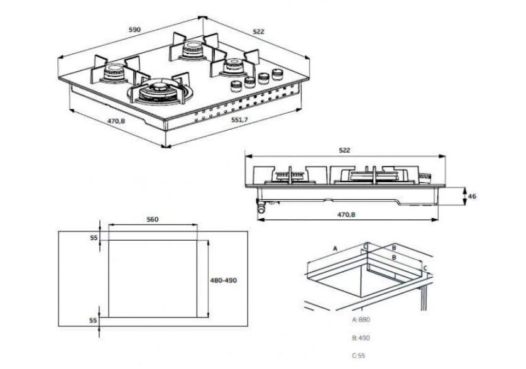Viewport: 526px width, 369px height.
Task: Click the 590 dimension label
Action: click(x=134, y=30)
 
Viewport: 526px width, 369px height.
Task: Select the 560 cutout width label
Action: click(x=152, y=219)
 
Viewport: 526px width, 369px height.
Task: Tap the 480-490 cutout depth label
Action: click(x=223, y=280)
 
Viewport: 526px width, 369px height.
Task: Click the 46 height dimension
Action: click(x=472, y=196)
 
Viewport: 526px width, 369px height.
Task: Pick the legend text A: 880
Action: click(x=361, y=320)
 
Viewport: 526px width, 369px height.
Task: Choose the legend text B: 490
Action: click(x=361, y=338)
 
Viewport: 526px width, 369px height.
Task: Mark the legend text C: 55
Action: click(x=359, y=356)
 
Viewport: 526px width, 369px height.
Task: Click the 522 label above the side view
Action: click(x=344, y=150)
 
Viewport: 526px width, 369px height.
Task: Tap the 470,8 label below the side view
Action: click(x=346, y=215)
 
